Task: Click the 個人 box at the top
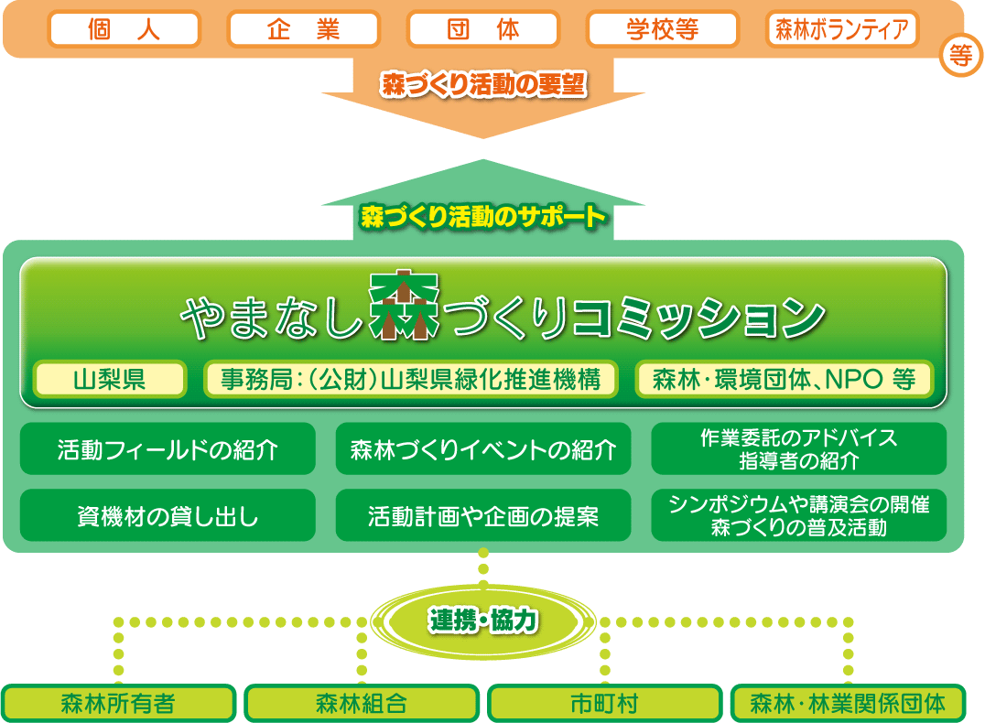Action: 124,29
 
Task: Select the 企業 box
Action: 303,29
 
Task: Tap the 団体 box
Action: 482,29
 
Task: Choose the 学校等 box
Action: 662,29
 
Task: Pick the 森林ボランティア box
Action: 841,29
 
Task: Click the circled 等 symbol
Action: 960,57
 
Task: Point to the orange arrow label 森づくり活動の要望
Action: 482,85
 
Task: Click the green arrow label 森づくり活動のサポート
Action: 482,217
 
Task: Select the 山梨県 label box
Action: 110,379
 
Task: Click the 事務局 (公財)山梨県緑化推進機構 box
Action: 410,379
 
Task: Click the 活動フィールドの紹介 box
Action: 168,449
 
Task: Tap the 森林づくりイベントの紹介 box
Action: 482,449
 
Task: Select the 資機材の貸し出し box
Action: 168,516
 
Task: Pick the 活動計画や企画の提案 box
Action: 482,516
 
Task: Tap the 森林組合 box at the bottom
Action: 362,704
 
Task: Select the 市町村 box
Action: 604,704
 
